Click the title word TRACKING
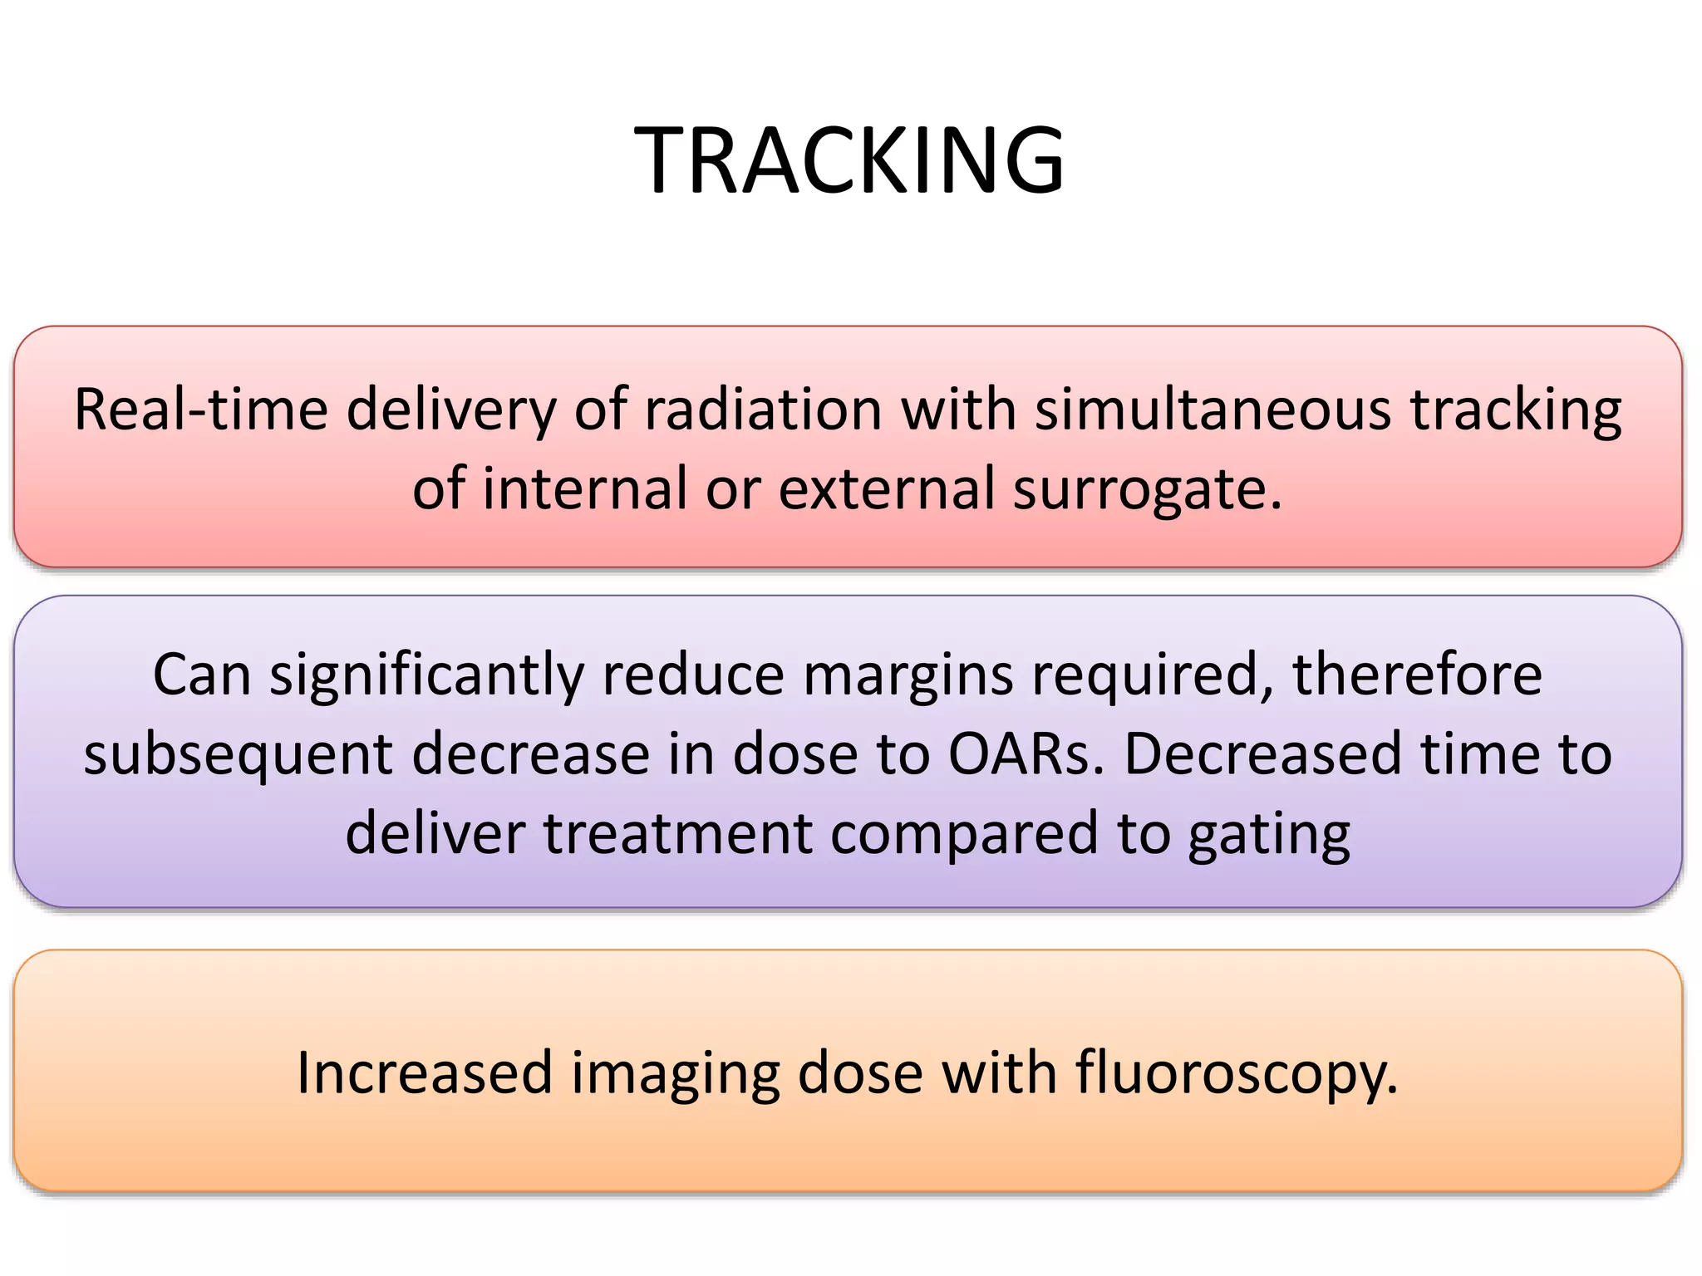point(849,159)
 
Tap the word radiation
point(763,410)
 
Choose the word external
point(886,488)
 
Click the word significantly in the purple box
point(425,675)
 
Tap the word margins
point(908,675)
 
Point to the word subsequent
point(238,754)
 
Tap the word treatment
point(677,833)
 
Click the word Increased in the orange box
point(425,1072)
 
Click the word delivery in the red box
point(451,410)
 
